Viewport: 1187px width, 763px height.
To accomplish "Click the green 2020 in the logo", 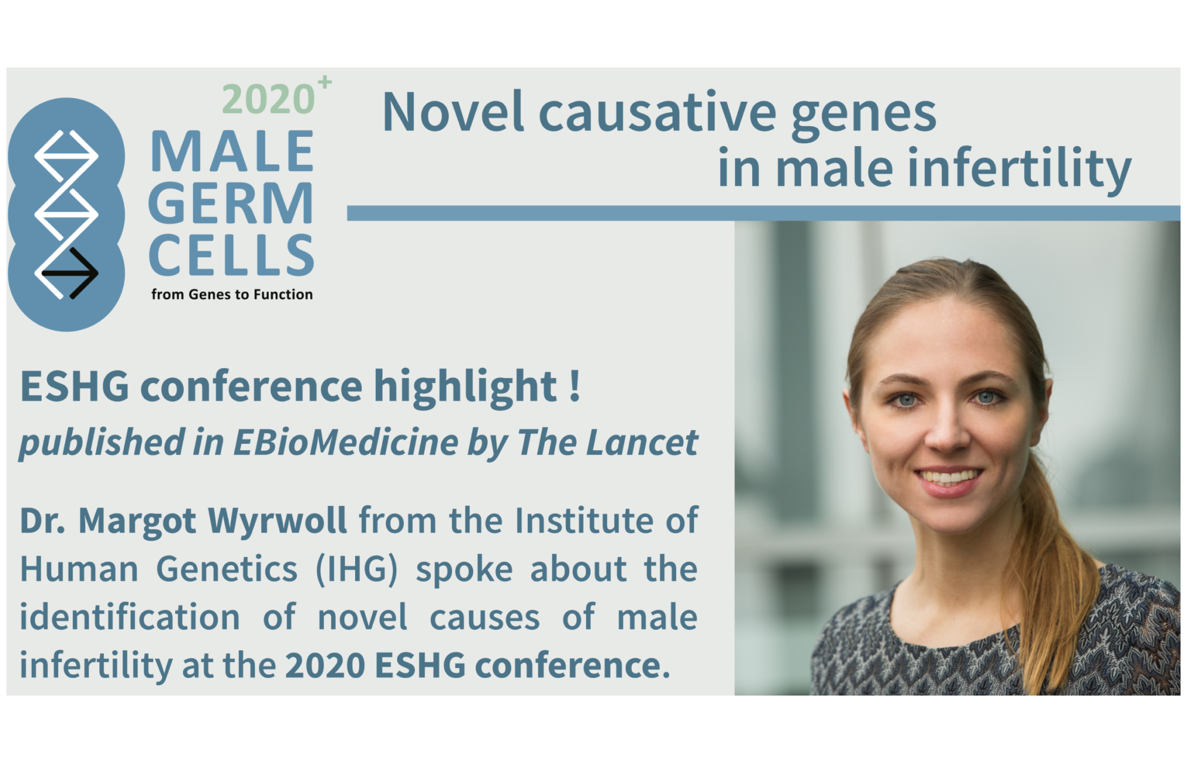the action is tap(269, 99).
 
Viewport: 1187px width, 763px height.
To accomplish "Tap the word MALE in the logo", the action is tap(232, 151).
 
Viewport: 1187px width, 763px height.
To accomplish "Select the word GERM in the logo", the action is tap(231, 203).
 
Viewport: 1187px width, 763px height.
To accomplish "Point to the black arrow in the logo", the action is tap(70, 273).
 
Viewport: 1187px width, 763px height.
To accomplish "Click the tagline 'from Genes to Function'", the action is tap(232, 294).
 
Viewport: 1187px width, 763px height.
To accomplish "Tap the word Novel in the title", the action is tap(453, 112).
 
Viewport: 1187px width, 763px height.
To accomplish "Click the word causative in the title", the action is tap(657, 112).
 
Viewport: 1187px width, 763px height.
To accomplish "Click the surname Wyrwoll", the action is tap(277, 520).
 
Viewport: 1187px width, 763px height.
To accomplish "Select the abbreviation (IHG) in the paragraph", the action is tap(357, 569).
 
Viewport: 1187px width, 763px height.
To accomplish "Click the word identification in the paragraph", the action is tap(130, 617).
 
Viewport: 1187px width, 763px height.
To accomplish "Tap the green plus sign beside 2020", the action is tap(325, 82).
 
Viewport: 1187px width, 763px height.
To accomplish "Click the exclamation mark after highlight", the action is tap(574, 385).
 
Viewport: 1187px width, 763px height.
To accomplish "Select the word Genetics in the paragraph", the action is tap(227, 569).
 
